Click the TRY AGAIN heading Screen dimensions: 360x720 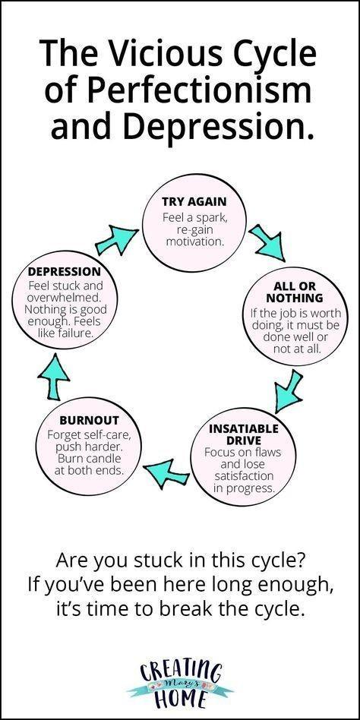(x=194, y=201)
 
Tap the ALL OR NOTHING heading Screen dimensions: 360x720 (x=295, y=292)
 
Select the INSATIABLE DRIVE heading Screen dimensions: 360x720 (x=243, y=434)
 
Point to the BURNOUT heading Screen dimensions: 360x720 (x=89, y=420)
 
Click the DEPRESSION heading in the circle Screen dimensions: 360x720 (x=65, y=271)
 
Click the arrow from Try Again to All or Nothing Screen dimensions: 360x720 (x=266, y=242)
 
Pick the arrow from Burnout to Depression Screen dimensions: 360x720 (x=54, y=376)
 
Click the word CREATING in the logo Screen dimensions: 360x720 (x=181, y=673)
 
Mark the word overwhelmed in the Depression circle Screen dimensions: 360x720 (x=63, y=297)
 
